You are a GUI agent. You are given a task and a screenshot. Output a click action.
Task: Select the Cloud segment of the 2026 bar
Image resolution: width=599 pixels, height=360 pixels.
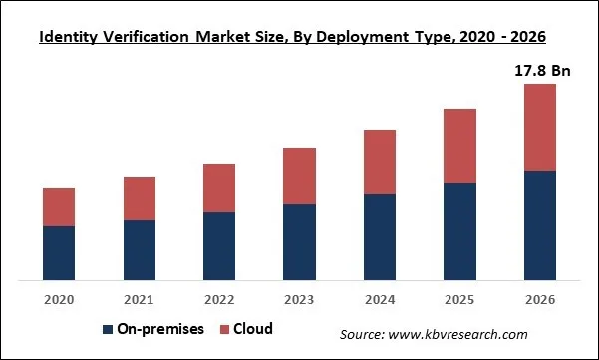[539, 127]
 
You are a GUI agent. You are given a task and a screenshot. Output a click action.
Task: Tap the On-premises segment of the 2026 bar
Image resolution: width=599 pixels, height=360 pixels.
[539, 224]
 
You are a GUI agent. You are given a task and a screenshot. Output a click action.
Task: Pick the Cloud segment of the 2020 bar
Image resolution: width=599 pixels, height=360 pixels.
[59, 206]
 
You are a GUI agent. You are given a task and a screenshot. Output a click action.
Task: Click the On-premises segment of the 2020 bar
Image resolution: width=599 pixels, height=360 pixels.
[59, 252]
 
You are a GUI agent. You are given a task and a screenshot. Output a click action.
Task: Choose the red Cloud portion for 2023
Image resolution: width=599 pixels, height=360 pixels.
[299, 176]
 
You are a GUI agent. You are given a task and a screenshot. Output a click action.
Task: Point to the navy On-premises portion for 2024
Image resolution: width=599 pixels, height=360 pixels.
[380, 236]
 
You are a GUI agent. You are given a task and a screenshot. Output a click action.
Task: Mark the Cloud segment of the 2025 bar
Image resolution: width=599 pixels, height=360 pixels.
[459, 146]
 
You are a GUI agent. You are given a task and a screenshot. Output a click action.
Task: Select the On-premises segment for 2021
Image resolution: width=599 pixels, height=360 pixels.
[139, 249]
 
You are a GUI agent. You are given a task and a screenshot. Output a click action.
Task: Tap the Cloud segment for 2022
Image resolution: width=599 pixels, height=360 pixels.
[219, 187]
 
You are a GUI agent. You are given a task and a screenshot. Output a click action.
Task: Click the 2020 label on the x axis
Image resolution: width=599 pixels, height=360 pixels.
[59, 299]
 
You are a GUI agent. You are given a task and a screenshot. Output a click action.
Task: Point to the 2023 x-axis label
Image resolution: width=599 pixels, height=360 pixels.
[299, 299]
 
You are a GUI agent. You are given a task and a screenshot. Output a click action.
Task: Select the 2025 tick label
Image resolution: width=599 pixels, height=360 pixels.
[459, 299]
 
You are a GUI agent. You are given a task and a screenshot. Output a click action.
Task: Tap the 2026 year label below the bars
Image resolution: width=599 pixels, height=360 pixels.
[539, 299]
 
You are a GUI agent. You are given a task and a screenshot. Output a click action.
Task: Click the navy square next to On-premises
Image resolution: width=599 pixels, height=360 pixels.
[107, 329]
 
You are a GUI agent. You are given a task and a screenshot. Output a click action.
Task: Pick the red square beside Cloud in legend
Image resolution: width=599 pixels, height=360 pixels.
[224, 329]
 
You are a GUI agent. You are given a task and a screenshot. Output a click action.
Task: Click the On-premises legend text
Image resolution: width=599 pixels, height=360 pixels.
[159, 329]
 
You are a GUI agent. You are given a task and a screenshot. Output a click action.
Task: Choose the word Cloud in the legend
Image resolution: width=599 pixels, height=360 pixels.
[253, 329]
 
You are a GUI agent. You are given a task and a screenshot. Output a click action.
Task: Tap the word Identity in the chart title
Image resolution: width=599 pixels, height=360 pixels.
[70, 38]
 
